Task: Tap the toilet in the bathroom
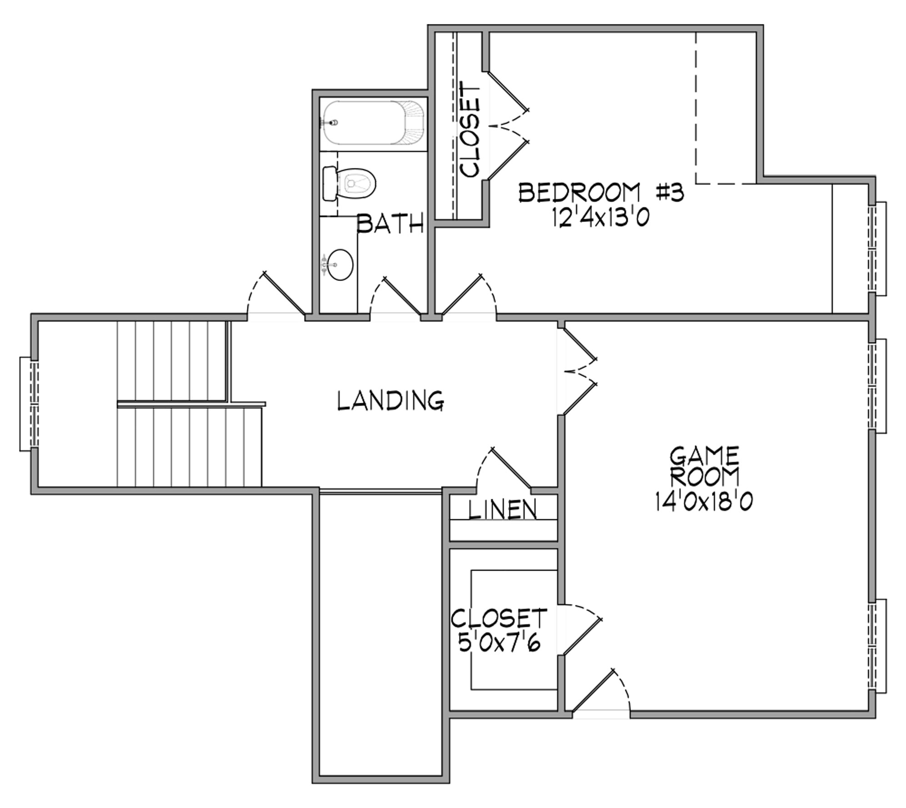click(349, 184)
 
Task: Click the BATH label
click(390, 223)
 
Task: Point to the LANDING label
click(391, 400)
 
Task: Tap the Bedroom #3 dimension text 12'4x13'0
click(601, 217)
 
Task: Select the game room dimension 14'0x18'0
click(704, 502)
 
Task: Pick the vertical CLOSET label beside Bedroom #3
click(470, 129)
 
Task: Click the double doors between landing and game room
click(580, 371)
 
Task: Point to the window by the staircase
click(29, 404)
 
